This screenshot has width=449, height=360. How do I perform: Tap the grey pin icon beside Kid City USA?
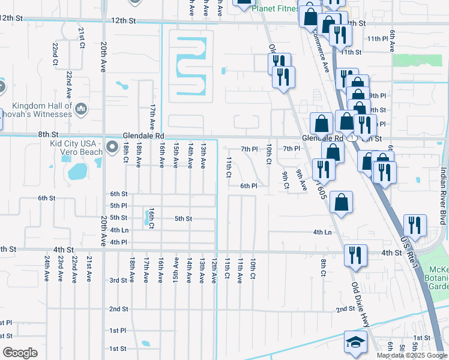112,147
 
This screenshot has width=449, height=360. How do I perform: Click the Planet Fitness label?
275,9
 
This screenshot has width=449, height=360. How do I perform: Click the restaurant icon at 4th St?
355,254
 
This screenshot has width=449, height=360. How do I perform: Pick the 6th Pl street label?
249,186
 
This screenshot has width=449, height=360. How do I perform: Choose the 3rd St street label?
118,280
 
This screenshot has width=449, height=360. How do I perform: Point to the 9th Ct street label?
286,179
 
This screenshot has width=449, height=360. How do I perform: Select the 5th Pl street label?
118,205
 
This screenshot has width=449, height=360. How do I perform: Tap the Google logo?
20,353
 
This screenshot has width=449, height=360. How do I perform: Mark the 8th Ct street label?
323,268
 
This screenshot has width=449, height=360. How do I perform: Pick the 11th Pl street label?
378,38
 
